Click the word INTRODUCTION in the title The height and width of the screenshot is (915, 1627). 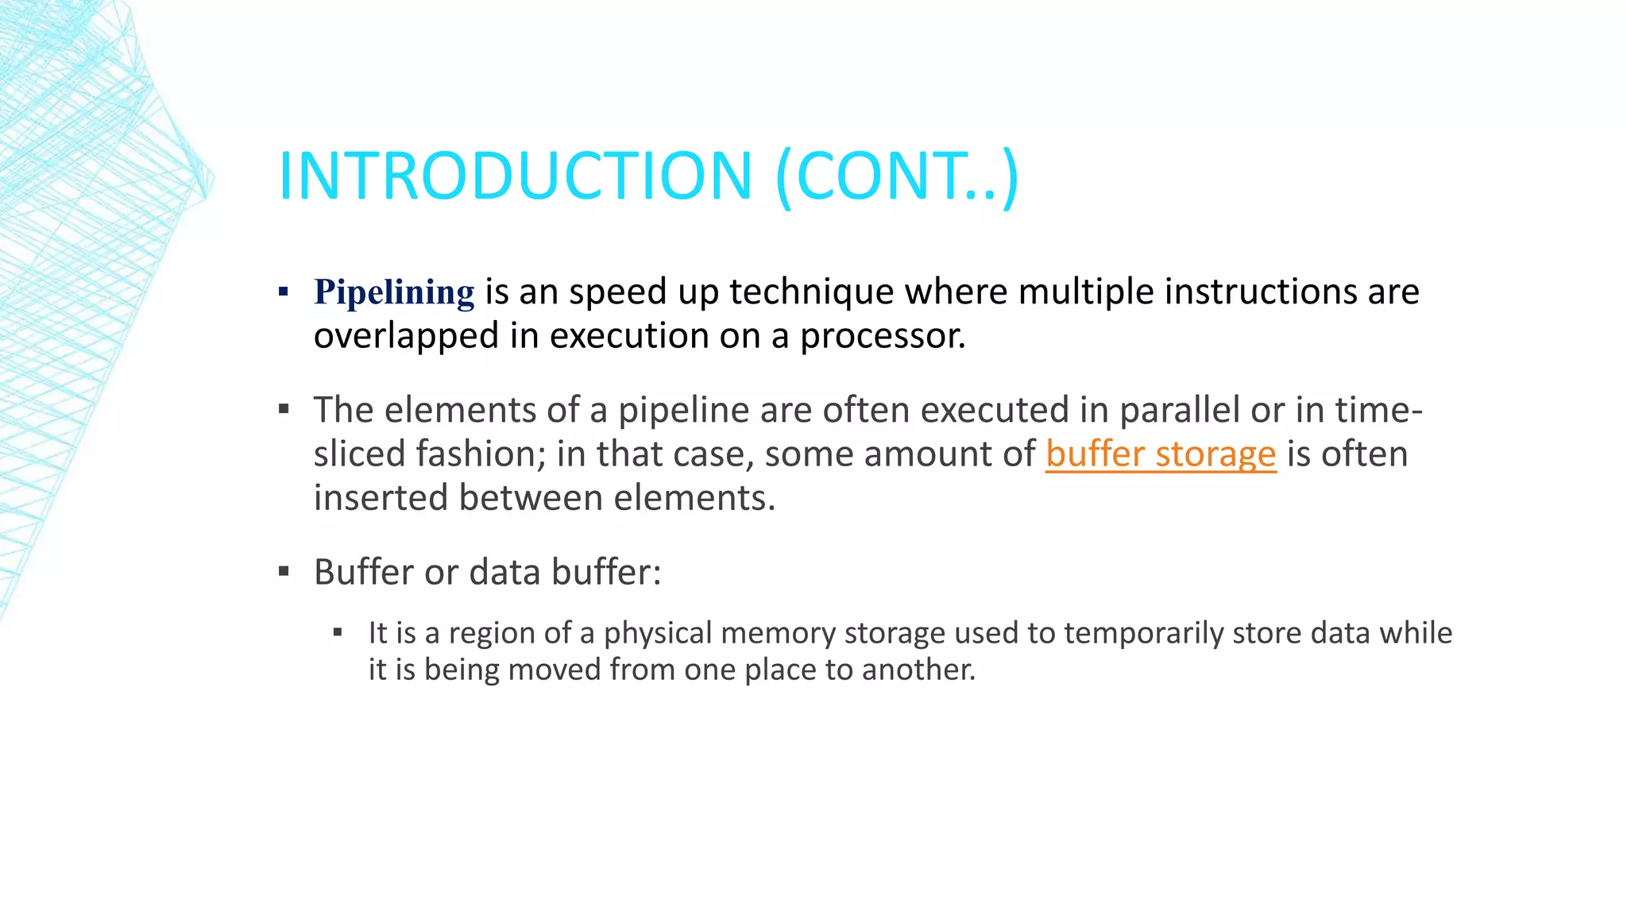pyautogui.click(x=515, y=176)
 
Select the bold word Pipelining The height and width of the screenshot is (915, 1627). pyautogui.click(x=394, y=292)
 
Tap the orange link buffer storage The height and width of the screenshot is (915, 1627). pyautogui.click(x=1161, y=454)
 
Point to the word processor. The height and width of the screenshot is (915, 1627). pyautogui.click(x=882, y=336)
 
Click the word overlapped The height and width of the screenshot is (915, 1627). pyautogui.click(x=406, y=336)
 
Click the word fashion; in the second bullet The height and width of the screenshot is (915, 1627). pyautogui.click(x=481, y=454)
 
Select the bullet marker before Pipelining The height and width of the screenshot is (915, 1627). pyautogui.click(x=284, y=291)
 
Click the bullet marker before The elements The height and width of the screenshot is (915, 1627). pyautogui.click(x=284, y=410)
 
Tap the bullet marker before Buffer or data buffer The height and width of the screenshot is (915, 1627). pyautogui.click(x=284, y=572)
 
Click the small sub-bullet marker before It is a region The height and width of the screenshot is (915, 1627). pyautogui.click(x=338, y=633)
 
